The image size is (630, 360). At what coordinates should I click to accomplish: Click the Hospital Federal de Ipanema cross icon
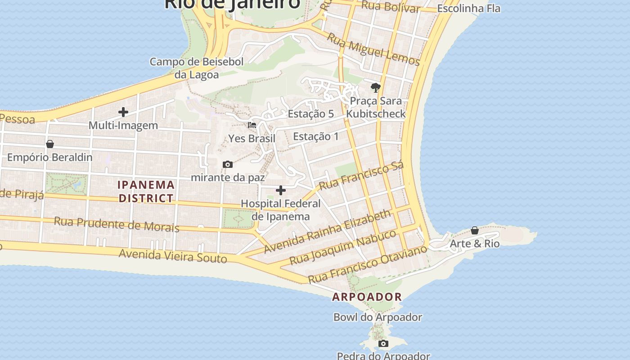[281, 190]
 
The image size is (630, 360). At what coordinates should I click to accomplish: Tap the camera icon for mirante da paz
[228, 165]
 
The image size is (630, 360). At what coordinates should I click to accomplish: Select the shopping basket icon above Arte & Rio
[475, 230]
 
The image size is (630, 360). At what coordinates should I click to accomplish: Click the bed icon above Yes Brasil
[252, 125]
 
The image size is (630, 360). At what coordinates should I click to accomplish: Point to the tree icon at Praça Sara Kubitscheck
[376, 87]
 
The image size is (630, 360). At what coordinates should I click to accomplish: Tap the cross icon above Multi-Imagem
[123, 112]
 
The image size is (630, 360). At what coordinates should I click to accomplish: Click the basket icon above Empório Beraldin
[50, 144]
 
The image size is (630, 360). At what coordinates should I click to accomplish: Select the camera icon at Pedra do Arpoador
[383, 344]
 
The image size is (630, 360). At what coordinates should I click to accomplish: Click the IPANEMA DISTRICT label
[146, 191]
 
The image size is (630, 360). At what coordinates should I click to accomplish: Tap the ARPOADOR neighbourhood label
[367, 297]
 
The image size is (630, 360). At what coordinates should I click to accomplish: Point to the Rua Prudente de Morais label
[117, 224]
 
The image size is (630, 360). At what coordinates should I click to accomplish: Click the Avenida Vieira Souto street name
[173, 256]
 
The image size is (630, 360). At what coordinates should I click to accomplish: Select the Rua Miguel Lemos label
[373, 49]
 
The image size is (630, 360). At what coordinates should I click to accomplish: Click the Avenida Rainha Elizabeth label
[328, 231]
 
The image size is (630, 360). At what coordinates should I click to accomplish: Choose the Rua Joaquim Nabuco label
[343, 247]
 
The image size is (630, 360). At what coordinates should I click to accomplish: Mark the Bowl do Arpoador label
[378, 317]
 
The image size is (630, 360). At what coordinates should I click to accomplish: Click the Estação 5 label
[311, 114]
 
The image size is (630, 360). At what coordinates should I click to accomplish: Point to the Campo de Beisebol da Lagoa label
[197, 68]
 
